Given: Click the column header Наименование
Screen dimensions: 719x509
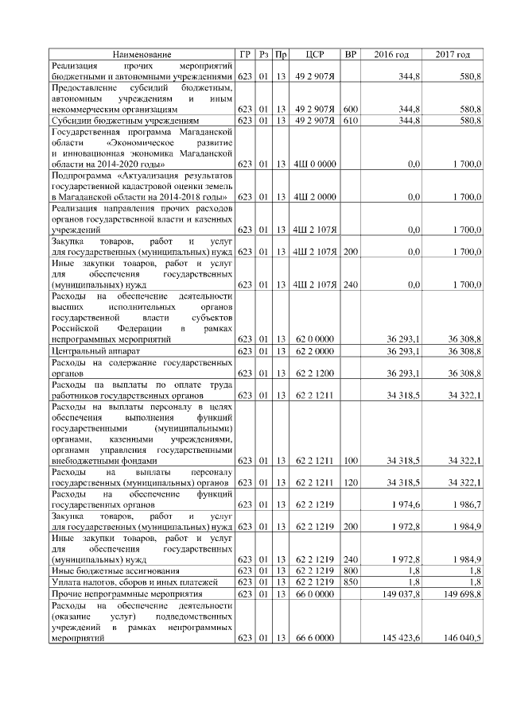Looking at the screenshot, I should tap(141, 54).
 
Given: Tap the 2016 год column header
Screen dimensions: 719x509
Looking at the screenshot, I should tap(391, 54).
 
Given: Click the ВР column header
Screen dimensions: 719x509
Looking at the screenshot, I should tap(350, 54).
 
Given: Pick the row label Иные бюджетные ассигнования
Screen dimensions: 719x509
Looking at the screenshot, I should tap(105, 570).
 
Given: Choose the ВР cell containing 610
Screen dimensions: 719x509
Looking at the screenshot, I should tap(350, 120).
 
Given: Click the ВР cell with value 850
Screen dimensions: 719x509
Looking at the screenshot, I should tap(350, 582).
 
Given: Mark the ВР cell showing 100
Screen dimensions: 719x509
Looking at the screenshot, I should tap(350, 460).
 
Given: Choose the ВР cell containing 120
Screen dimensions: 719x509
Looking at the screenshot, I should tap(350, 482).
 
